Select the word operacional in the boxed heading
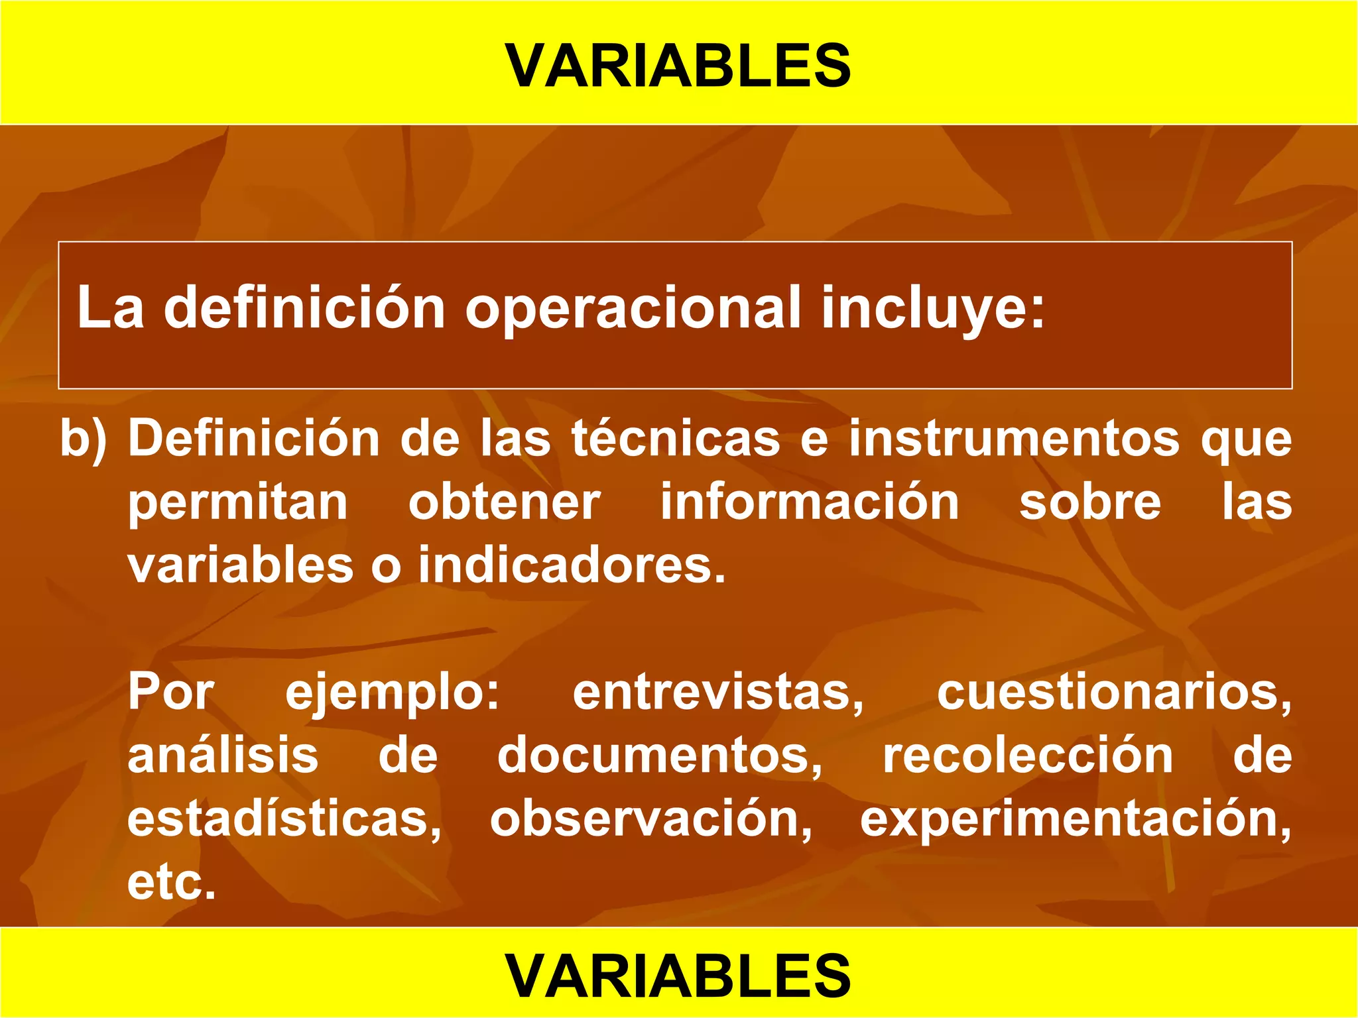[633, 308]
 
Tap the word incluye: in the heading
[932, 308]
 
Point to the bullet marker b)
[84, 439]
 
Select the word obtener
[504, 502]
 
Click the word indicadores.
[572, 565]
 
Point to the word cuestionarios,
[1114, 692]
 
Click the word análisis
[223, 756]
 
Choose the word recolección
[1027, 756]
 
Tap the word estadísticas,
[284, 819]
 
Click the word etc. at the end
[172, 883]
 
